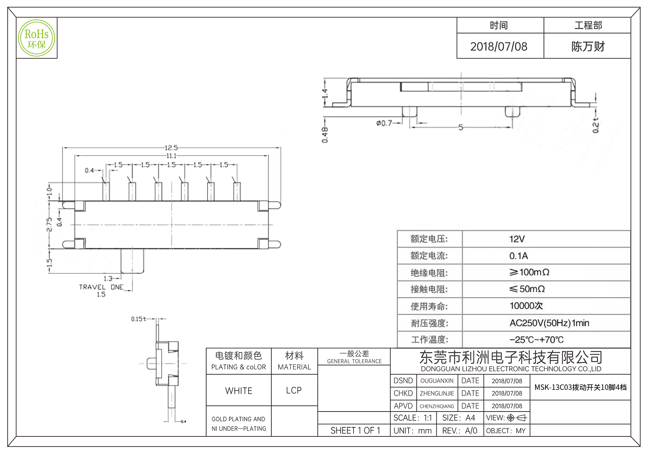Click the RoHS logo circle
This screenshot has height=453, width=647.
tap(37, 38)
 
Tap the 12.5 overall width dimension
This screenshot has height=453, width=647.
tap(171, 148)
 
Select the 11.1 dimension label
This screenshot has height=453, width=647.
tap(171, 156)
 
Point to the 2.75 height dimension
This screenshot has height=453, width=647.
tap(49, 224)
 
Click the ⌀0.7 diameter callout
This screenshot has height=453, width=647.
tap(384, 123)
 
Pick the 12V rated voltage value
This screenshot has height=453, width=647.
tap(517, 239)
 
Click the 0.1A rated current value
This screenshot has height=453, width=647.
tap(518, 256)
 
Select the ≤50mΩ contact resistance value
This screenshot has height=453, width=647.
tap(527, 289)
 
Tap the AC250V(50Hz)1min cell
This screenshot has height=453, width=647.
tap(549, 323)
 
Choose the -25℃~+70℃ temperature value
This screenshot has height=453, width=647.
tap(536, 340)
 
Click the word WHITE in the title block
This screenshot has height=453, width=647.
tap(239, 391)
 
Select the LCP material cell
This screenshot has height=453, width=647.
tap(294, 391)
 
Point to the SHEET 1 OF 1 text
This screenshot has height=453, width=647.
tap(355, 431)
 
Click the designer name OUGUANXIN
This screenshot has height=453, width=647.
tap(437, 381)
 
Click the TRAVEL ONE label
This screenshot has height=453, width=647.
tap(101, 287)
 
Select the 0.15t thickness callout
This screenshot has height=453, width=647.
tap(138, 319)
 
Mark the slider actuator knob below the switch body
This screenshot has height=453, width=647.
tap(132, 261)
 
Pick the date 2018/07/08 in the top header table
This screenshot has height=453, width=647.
tap(499, 47)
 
